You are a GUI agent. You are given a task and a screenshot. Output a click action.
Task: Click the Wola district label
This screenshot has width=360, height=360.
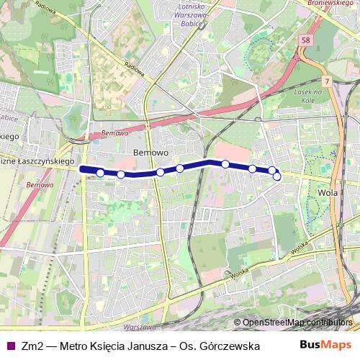point(328,193)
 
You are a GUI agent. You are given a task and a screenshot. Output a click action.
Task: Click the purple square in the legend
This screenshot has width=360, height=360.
point(9,346)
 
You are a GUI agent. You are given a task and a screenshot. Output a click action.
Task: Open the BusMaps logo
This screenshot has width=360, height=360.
point(327,345)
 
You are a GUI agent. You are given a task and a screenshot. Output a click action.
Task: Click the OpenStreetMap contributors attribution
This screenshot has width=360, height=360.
point(297,323)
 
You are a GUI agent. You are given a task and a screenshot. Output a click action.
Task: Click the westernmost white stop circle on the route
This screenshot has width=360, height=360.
point(100,173)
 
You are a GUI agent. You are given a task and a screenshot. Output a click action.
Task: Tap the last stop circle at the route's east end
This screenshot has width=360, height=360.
point(277,176)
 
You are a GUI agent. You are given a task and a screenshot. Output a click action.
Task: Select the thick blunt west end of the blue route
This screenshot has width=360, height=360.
point(82,169)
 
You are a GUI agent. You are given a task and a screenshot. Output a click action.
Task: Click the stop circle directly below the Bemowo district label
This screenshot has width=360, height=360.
point(160,172)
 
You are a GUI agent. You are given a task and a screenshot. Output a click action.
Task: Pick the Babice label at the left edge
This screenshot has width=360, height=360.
point(8,117)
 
